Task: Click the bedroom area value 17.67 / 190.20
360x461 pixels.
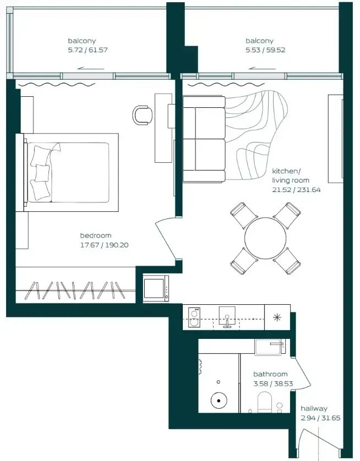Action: pos(104,245)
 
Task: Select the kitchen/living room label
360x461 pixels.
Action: pos(291,175)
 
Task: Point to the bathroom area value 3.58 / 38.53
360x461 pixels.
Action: pos(271,383)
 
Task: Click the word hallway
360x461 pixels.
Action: pos(314,408)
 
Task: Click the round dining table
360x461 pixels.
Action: pos(265,238)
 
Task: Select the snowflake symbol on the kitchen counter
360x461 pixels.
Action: pos(276,318)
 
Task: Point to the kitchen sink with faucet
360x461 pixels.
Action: pos(227,317)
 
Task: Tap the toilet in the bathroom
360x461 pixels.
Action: pos(265,404)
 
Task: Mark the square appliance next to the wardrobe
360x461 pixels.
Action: pos(156,288)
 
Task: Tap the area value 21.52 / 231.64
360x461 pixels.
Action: pos(296,190)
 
